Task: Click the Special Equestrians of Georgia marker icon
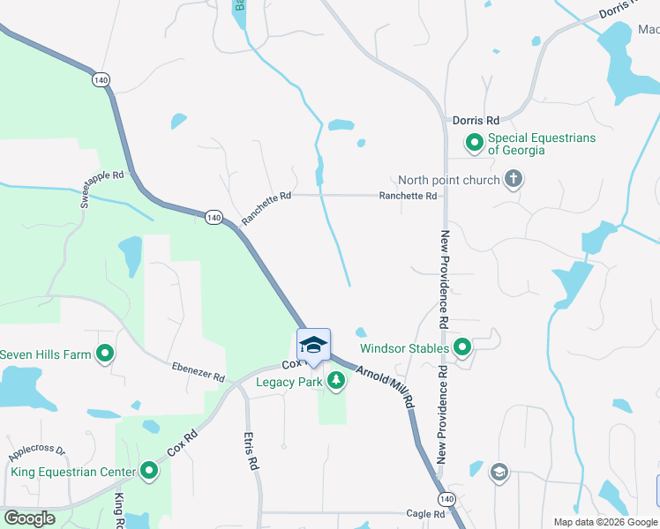point(475,142)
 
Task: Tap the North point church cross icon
point(514,180)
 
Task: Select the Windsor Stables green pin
point(461,348)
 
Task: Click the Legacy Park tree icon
point(335,382)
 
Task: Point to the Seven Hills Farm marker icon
point(105,354)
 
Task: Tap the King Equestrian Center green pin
point(149,472)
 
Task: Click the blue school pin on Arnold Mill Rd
point(313,346)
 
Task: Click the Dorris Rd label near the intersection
point(476,120)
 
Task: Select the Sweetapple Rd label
point(102,188)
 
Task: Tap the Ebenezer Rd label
point(199,371)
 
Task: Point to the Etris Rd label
point(251,450)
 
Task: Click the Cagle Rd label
point(425,513)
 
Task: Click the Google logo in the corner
point(29,518)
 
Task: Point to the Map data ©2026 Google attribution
point(606,522)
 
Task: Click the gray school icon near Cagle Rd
point(499,473)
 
